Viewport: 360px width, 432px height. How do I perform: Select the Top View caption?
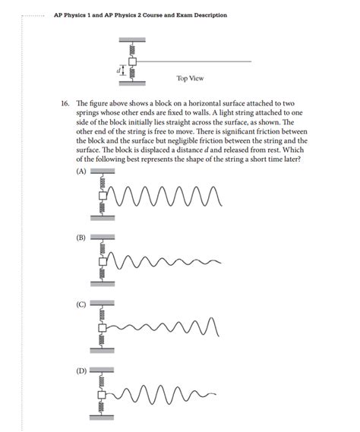point(190,78)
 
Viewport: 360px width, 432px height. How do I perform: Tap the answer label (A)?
point(81,172)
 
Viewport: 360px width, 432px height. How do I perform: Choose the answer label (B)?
point(81,238)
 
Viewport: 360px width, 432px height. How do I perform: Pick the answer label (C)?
point(81,305)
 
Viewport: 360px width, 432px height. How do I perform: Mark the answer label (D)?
point(81,371)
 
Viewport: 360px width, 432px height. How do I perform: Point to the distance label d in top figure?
point(118,70)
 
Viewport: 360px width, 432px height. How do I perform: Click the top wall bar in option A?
point(102,172)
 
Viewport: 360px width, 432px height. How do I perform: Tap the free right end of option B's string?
point(221,262)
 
